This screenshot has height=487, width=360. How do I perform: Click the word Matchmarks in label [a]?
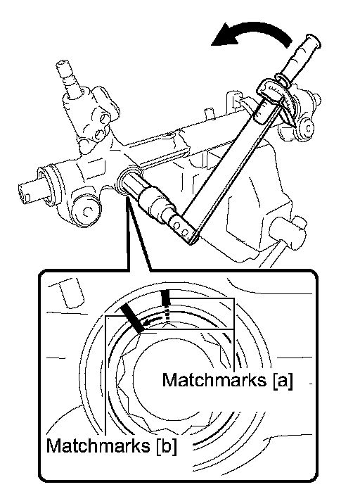(x=214, y=379)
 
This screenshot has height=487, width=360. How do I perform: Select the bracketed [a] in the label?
(x=283, y=380)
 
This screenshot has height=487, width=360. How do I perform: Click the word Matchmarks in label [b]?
(x=98, y=445)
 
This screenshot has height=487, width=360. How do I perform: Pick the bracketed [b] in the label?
(x=167, y=446)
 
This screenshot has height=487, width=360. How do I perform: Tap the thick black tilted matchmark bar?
(x=132, y=317)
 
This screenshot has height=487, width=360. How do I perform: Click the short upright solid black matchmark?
(x=166, y=298)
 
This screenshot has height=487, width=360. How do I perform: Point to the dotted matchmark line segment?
(x=167, y=313)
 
